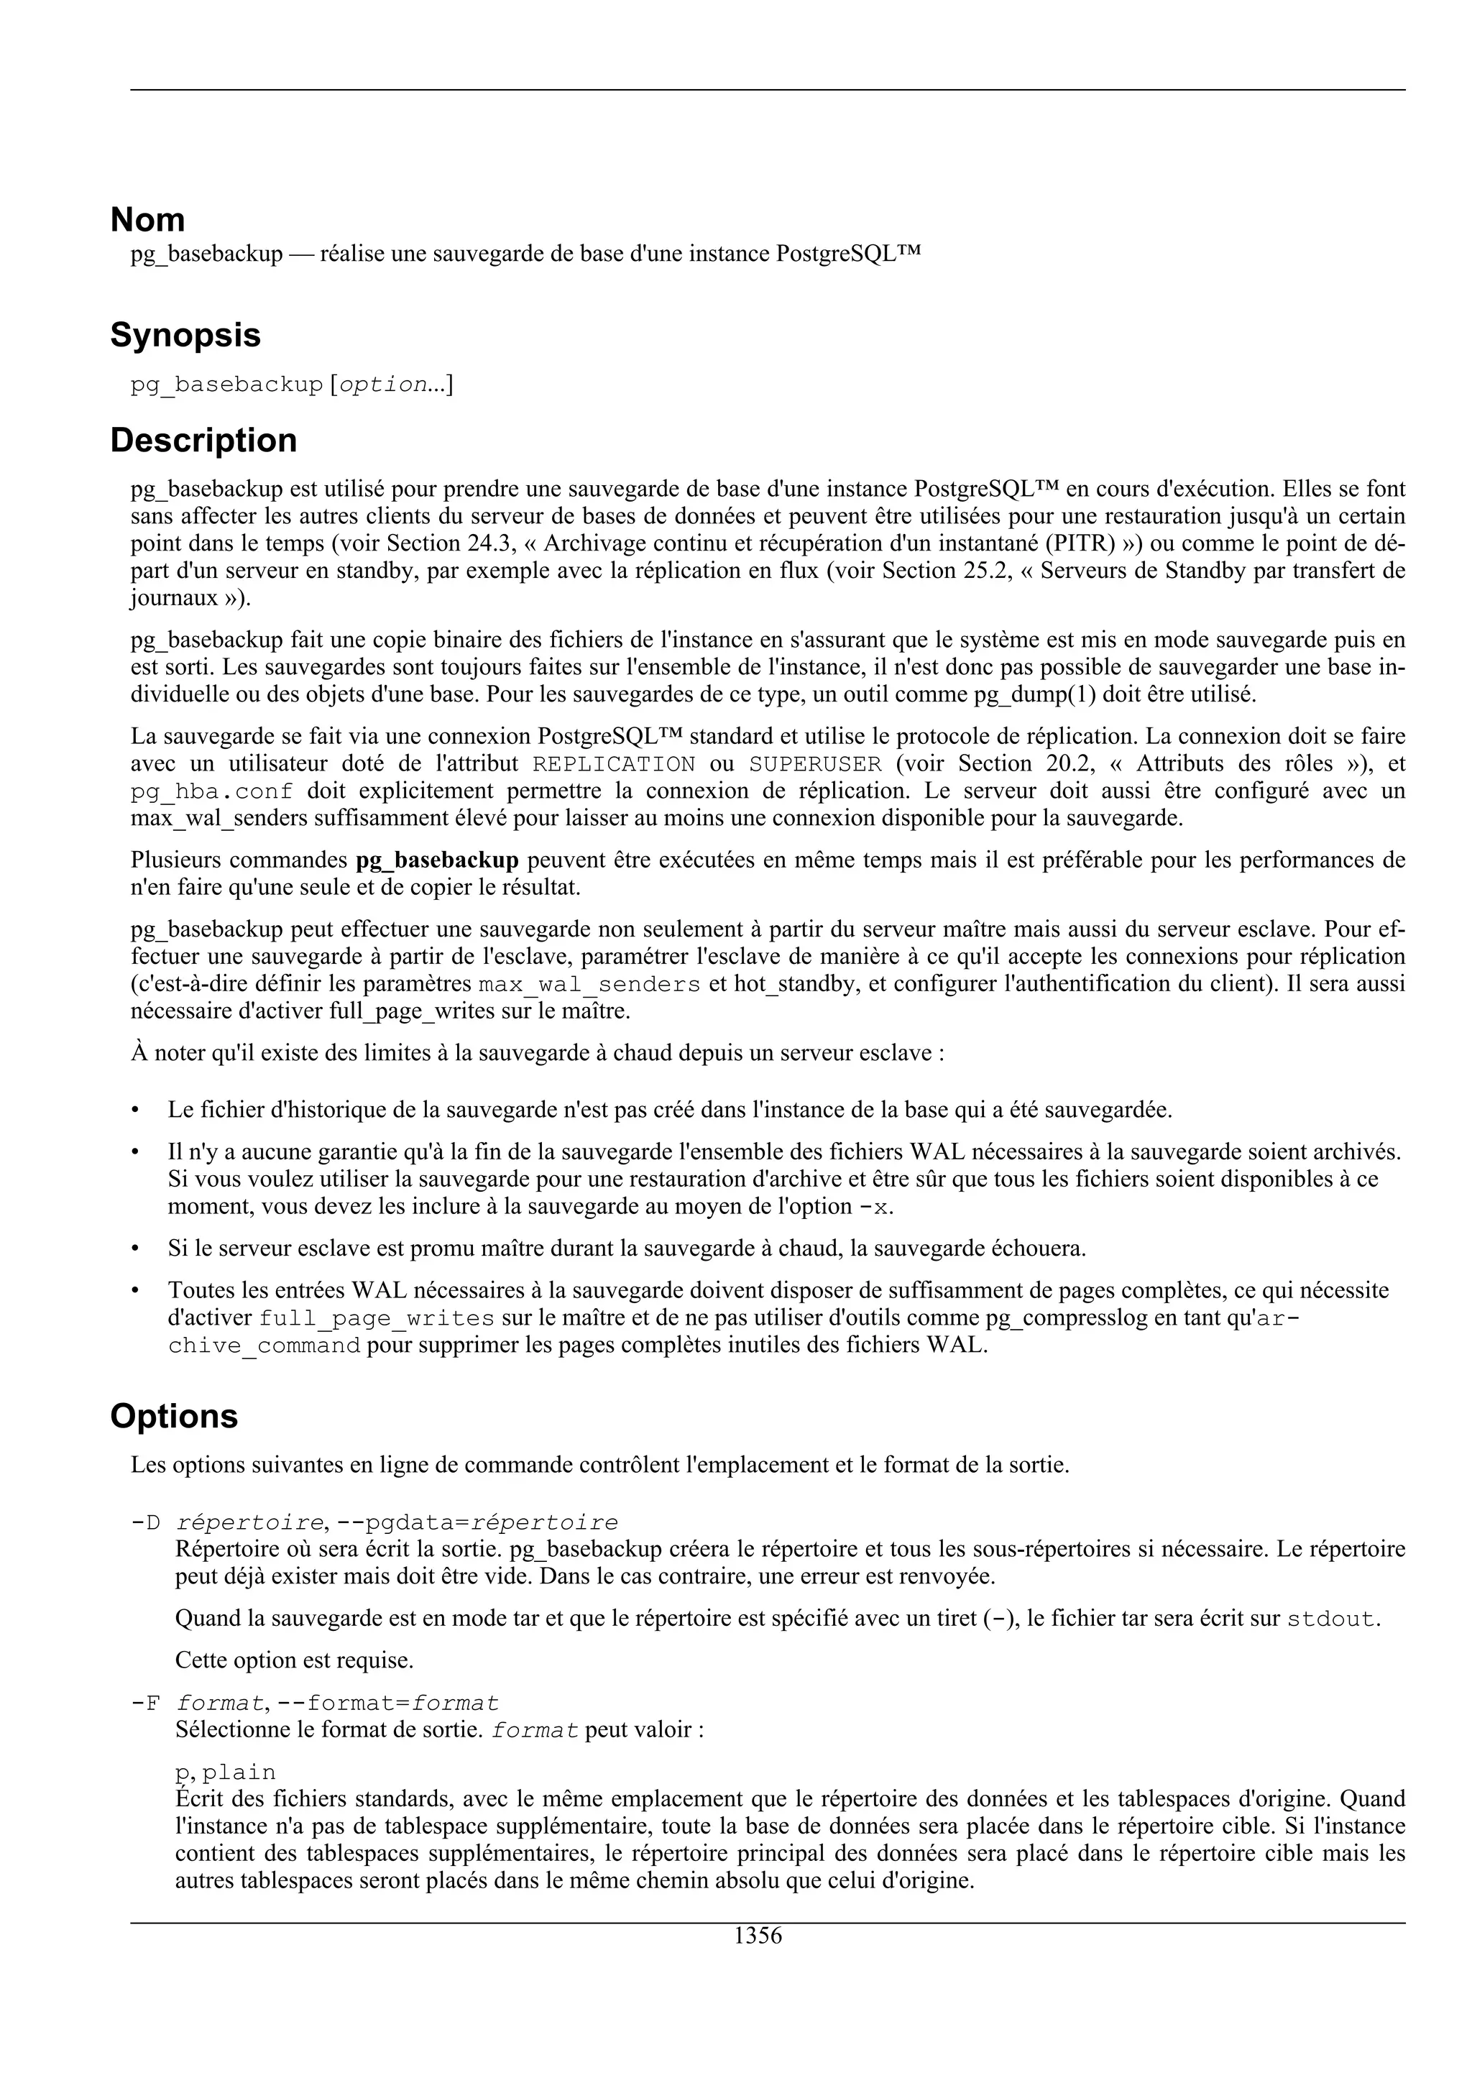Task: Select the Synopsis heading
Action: (x=185, y=336)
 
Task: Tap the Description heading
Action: (x=203, y=441)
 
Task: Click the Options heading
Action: (x=173, y=1416)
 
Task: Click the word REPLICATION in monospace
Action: (x=614, y=764)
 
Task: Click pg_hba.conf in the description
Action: (x=212, y=791)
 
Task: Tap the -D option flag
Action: (x=145, y=1523)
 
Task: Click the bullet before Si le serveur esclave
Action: (x=135, y=1249)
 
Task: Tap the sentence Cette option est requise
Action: (x=294, y=1661)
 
